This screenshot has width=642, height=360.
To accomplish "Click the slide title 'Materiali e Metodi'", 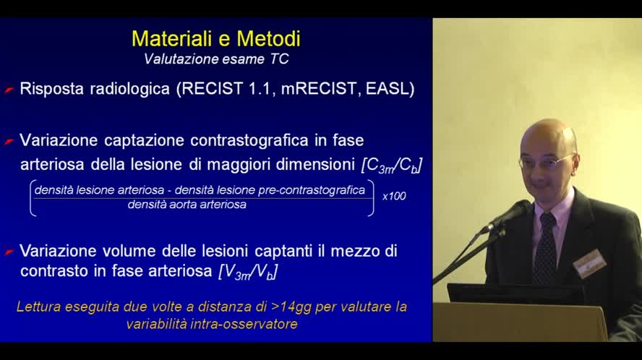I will [x=215, y=38].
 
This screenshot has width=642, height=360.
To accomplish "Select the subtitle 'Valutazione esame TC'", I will [x=216, y=59].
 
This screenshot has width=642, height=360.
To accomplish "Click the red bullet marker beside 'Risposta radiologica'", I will [x=9, y=90].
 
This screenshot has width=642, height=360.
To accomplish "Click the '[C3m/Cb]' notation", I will [x=391, y=165].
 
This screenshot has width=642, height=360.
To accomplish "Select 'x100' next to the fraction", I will [x=394, y=196].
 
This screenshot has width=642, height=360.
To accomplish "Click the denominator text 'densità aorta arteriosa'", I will [x=187, y=205].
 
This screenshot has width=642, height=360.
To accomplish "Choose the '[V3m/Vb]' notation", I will [x=248, y=273].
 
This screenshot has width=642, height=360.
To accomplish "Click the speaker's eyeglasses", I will [x=545, y=161].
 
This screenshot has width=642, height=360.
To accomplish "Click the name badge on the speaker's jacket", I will [x=589, y=262].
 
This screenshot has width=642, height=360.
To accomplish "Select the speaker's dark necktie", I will [x=544, y=249].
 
